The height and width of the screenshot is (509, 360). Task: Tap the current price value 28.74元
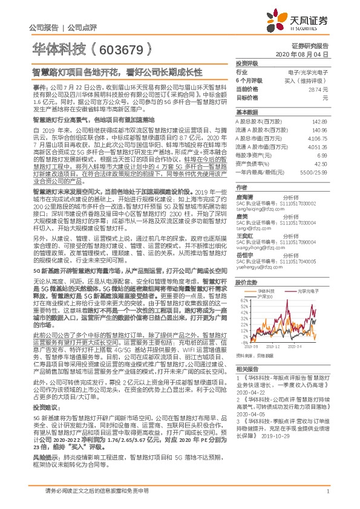(322, 88)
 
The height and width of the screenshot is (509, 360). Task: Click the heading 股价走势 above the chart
(244, 282)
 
